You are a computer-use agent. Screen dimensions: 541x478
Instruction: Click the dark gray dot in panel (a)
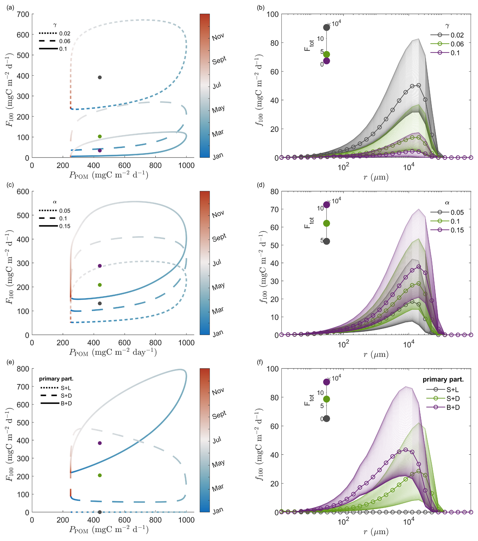click(x=100, y=78)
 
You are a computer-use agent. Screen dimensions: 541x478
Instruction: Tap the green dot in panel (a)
click(x=100, y=137)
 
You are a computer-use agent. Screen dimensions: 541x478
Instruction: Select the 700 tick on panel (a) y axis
click(x=23, y=14)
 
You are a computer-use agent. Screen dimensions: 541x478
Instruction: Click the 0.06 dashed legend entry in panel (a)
click(x=55, y=41)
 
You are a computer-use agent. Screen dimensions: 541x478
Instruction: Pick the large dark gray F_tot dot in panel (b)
click(x=326, y=28)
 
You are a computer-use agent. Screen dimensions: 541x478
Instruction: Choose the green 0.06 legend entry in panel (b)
click(x=447, y=44)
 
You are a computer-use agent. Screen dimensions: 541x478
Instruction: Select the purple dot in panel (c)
click(x=100, y=266)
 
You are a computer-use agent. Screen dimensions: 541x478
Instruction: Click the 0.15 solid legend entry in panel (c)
click(x=55, y=226)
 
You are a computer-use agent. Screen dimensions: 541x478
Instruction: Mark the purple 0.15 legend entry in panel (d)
click(x=447, y=230)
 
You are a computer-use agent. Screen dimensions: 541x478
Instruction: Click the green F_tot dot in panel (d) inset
click(x=326, y=223)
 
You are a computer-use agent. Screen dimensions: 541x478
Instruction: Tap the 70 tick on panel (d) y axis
click(x=275, y=209)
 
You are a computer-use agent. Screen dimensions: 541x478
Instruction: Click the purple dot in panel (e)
click(x=100, y=443)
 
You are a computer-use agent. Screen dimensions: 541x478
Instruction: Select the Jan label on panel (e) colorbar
click(x=218, y=511)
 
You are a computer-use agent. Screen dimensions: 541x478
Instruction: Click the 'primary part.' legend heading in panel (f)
click(x=443, y=379)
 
